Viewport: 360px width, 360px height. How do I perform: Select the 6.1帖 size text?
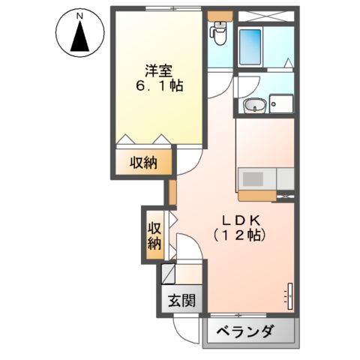(158, 87)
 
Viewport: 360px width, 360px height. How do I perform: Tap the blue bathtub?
(250, 46)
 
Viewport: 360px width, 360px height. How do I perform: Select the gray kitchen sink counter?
(258, 180)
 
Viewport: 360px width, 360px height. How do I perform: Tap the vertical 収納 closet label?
(154, 235)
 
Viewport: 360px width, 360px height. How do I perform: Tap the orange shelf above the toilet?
(220, 14)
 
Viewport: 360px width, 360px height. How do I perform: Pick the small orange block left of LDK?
(172, 191)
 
